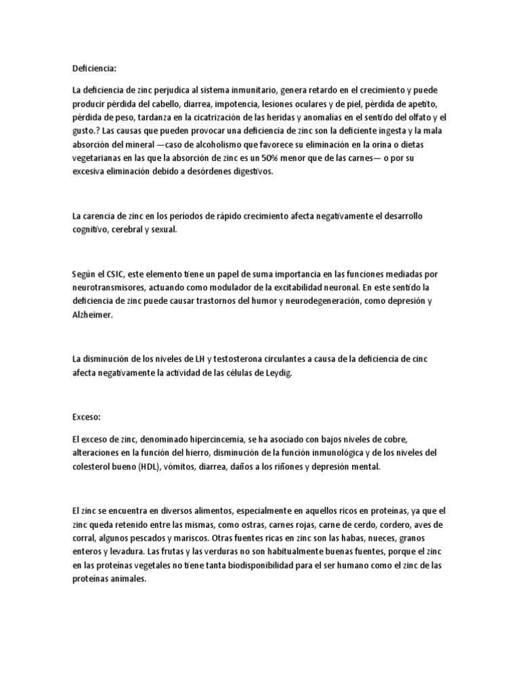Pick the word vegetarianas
(100, 158)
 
